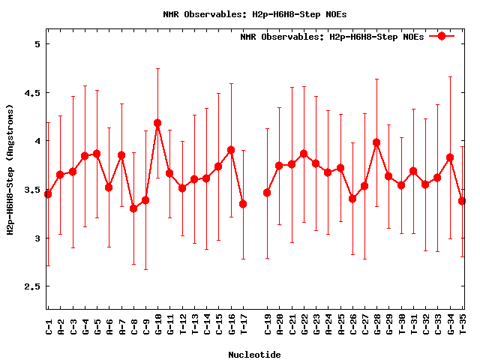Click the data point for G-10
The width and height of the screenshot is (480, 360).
[157, 123]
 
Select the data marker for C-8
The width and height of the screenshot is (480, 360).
[133, 208]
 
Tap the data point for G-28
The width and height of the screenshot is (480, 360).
[376, 142]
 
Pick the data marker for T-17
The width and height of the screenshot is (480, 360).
[243, 204]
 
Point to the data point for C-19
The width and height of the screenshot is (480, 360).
[267, 193]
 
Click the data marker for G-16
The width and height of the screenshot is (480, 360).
[231, 150]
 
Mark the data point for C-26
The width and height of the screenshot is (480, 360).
[352, 199]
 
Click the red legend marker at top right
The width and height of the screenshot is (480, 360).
[442, 36]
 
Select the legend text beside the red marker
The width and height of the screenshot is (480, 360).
[331, 37]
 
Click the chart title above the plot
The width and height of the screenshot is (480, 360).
[255, 14]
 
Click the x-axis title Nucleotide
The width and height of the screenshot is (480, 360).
[255, 355]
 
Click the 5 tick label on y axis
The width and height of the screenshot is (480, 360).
[36, 44]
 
